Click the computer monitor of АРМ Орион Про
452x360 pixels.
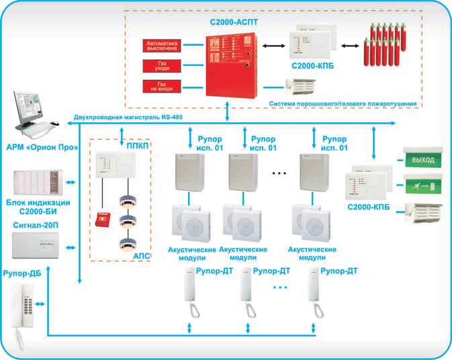pyautogui.click(x=28, y=101)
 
